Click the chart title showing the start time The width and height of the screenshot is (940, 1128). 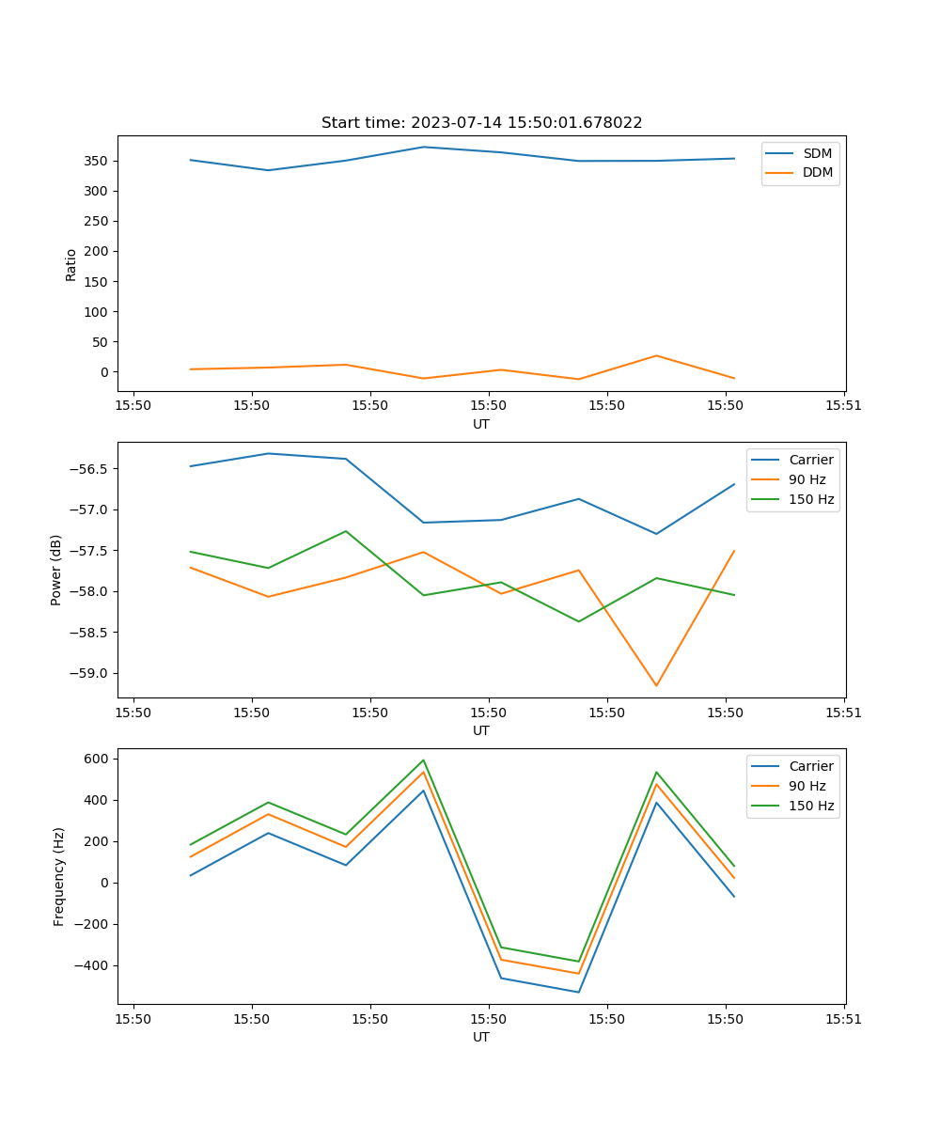[481, 123]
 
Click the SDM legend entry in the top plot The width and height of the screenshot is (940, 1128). [817, 153]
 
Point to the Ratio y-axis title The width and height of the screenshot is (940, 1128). [71, 264]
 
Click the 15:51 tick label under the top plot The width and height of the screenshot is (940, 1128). [843, 406]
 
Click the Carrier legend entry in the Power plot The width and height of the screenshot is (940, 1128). [810, 460]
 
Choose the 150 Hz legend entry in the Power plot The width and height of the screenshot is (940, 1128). [810, 499]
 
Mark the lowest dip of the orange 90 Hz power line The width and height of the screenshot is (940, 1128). [656, 685]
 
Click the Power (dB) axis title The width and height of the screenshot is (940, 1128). [56, 570]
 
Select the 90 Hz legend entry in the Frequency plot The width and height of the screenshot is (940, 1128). [807, 786]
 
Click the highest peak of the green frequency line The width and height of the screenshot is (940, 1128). [424, 760]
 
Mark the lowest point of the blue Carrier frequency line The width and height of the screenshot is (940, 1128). [578, 992]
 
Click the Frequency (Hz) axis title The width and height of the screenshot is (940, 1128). [59, 876]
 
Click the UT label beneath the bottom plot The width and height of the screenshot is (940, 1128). [481, 1037]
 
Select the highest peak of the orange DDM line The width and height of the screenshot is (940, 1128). [656, 355]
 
